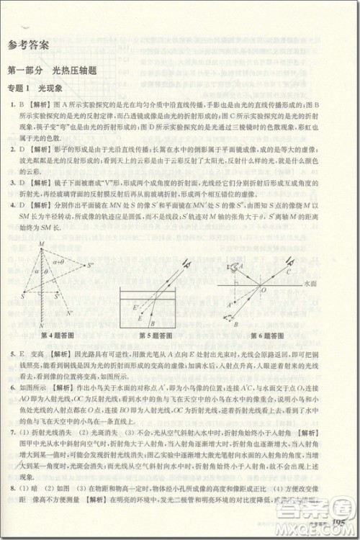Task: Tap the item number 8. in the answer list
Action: coord(13,508)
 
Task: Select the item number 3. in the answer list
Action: coord(13,183)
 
